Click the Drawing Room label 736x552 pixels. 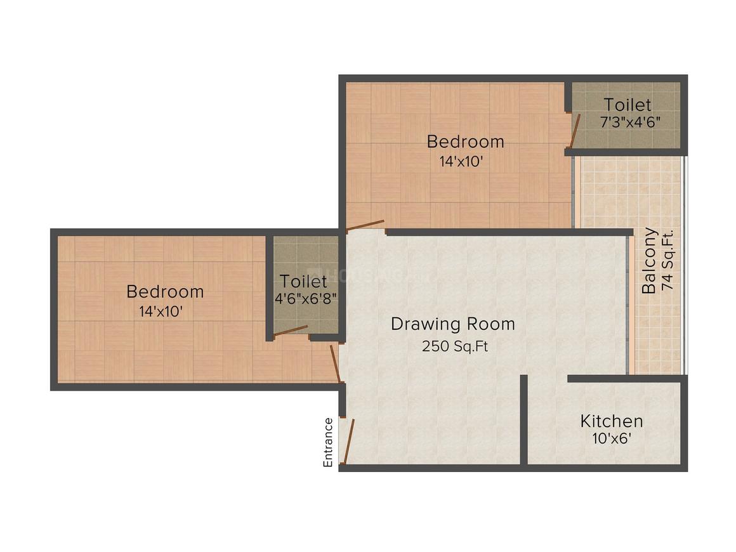point(453,324)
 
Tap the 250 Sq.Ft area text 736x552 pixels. point(455,346)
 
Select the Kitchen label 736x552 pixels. point(612,421)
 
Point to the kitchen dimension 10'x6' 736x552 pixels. point(612,438)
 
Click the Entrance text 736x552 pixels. point(328,443)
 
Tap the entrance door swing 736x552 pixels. point(349,442)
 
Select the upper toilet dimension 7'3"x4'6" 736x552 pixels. point(631,122)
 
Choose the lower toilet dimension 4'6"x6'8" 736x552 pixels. point(306,299)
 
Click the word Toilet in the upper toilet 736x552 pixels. point(628,104)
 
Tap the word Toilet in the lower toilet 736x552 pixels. point(304,281)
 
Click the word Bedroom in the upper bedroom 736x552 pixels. point(466,141)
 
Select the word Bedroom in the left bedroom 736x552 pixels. point(165,291)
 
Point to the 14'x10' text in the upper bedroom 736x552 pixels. point(461,161)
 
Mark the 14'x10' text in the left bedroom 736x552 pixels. point(161,311)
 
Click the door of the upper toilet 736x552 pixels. point(575,131)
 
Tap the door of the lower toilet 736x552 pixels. point(291,331)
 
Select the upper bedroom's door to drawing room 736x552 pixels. point(365,225)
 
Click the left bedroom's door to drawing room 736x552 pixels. point(335,364)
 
